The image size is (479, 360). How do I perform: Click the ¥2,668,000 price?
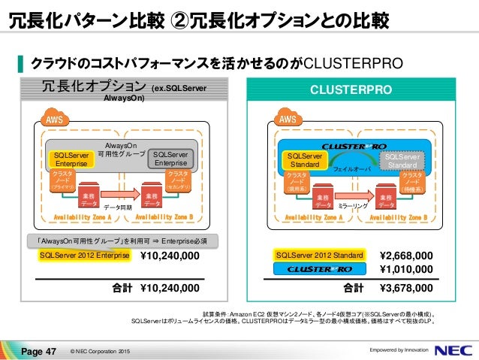406,256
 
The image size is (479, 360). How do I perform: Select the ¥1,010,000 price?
406,269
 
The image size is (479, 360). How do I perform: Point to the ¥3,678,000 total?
406,287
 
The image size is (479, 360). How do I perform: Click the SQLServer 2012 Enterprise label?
85,256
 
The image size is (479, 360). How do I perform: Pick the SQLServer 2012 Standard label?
320,256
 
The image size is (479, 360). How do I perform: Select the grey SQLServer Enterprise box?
172,159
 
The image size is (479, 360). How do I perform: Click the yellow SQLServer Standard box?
303,159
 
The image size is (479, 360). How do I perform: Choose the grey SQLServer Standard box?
405,159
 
